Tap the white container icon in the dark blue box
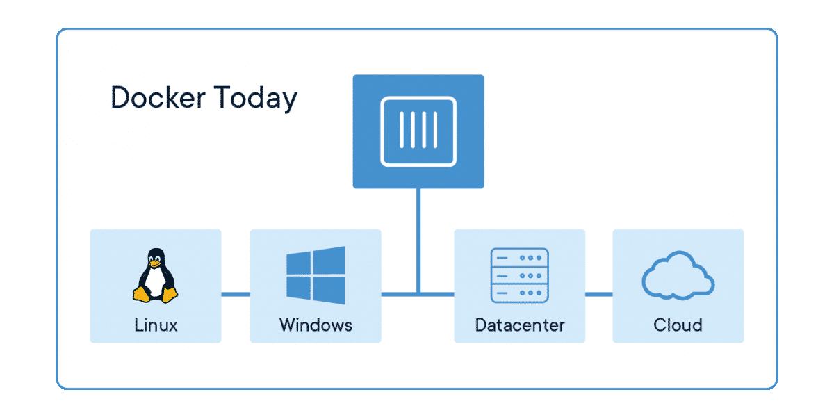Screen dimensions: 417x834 pyautogui.click(x=418, y=131)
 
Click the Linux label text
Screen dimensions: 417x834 pyautogui.click(x=155, y=325)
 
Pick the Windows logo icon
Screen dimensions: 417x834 pyautogui.click(x=315, y=275)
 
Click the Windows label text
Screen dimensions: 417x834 pyautogui.click(x=316, y=325)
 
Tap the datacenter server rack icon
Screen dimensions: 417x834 pyautogui.click(x=519, y=275)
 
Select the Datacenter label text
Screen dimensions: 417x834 pyautogui.click(x=520, y=325)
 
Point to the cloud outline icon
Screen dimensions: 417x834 pyautogui.click(x=678, y=276)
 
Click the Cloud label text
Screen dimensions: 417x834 pyautogui.click(x=678, y=325)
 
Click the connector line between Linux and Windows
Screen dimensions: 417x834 pyautogui.click(x=236, y=294)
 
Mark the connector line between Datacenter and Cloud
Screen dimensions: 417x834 pyautogui.click(x=598, y=294)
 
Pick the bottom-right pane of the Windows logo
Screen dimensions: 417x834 pyautogui.click(x=331, y=291)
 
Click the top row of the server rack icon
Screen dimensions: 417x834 pyautogui.click(x=519, y=257)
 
